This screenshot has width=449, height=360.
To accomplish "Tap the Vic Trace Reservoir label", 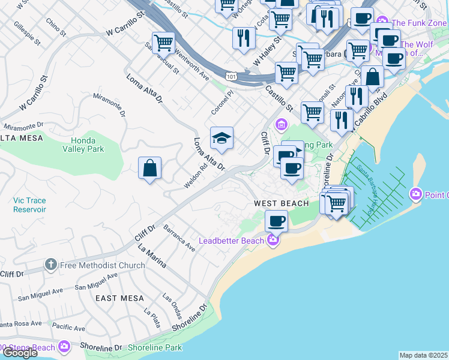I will pyautogui.click(x=29, y=205).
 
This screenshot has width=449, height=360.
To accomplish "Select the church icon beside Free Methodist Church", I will pyautogui.click(x=51, y=265).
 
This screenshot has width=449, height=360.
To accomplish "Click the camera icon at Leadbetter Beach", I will pyautogui.click(x=273, y=241).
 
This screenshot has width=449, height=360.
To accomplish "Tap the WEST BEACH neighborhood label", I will pyautogui.click(x=281, y=203).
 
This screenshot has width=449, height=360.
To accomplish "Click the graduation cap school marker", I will pyautogui.click(x=221, y=139).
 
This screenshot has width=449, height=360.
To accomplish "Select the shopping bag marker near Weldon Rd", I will pyautogui.click(x=149, y=168).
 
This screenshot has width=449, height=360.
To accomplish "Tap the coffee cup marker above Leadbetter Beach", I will pyautogui.click(x=276, y=220).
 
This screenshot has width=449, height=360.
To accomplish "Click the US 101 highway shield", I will pyautogui.click(x=231, y=76).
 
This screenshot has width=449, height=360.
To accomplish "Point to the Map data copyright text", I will pyautogui.click(x=424, y=355).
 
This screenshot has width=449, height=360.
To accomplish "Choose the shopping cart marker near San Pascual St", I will pyautogui.click(x=163, y=43).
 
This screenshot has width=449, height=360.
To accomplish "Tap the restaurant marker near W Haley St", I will pyautogui.click(x=243, y=38).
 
